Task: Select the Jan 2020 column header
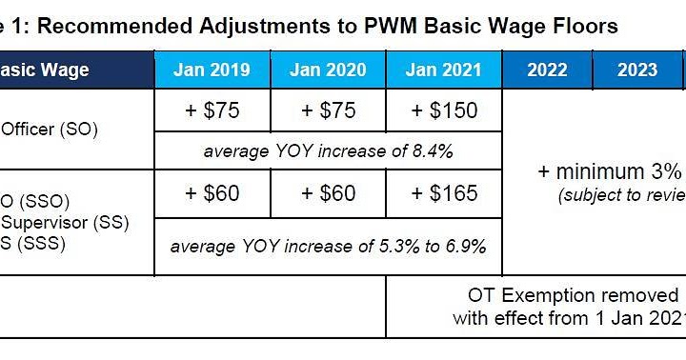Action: pyautogui.click(x=328, y=70)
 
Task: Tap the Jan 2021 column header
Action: pyautogui.click(x=443, y=70)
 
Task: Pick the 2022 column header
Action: pyautogui.click(x=547, y=70)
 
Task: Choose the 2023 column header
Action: pyautogui.click(x=637, y=70)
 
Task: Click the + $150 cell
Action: pyautogui.click(x=443, y=110)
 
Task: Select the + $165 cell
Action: pyautogui.click(x=443, y=193)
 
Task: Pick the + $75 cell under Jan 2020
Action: pyautogui.click(x=328, y=110)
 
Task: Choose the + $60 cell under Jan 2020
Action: pyautogui.click(x=328, y=193)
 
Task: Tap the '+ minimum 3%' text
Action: pyautogui.click(x=610, y=171)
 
